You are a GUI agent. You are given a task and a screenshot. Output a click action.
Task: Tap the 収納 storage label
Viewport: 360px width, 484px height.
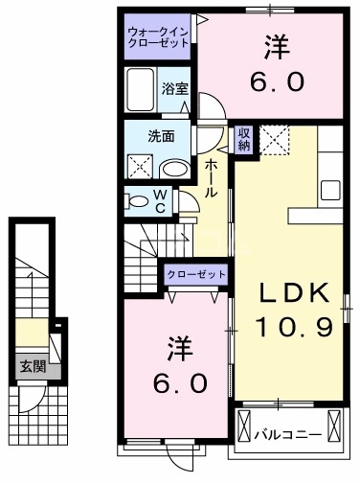(x=244, y=140)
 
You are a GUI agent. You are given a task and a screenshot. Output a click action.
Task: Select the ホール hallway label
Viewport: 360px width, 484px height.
(x=212, y=177)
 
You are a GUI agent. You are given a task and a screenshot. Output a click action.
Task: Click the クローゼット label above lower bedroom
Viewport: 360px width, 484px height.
(x=197, y=275)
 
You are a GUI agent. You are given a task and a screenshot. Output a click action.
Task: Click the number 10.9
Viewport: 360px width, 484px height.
(x=293, y=329)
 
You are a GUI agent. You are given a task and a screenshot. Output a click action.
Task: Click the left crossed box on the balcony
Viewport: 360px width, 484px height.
(x=244, y=424)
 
